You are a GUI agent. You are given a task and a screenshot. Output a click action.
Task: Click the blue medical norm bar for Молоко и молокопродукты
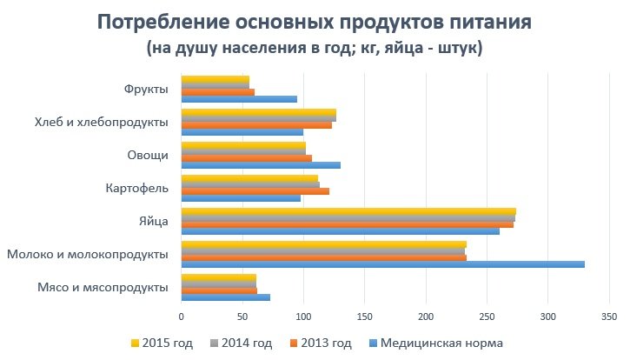click(382, 264)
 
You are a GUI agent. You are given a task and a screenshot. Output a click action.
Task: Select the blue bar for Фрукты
click(239, 99)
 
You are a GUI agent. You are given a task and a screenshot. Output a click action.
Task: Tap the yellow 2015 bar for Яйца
click(348, 211)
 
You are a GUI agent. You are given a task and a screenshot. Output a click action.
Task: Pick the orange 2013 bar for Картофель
click(255, 190)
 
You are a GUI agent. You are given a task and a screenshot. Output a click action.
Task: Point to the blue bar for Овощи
click(260, 165)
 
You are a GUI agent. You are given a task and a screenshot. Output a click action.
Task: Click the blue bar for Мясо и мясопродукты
click(225, 297)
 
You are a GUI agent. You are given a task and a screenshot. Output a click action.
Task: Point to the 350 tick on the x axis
click(609, 317)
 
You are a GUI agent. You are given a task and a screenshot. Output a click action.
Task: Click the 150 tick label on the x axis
click(364, 317)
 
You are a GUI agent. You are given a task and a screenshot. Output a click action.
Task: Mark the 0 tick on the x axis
click(181, 317)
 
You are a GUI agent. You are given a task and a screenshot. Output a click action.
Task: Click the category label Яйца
click(153, 222)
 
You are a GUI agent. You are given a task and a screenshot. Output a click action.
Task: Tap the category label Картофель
click(136, 188)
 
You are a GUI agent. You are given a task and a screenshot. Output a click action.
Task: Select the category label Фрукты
click(146, 89)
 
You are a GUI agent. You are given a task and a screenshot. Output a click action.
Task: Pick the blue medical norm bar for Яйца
click(340, 231)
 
